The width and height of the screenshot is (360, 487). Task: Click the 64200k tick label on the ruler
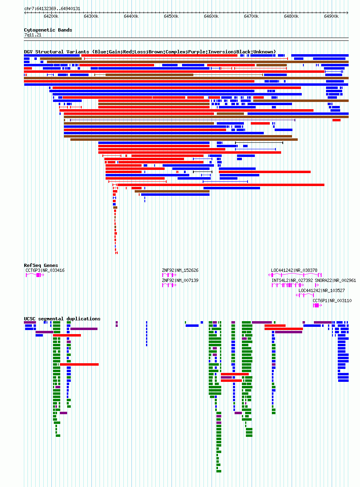(51, 17)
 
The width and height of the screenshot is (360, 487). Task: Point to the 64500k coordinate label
(171, 17)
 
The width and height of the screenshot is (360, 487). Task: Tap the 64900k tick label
(331, 17)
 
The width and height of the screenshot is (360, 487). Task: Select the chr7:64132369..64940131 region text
(52, 8)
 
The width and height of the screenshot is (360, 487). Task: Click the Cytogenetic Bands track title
(48, 30)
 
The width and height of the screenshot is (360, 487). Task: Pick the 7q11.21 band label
(33, 35)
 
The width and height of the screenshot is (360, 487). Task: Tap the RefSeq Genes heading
(41, 265)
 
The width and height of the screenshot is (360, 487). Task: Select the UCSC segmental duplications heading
(62, 319)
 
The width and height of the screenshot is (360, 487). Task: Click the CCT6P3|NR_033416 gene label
(45, 270)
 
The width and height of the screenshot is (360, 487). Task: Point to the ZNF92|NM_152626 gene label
(180, 270)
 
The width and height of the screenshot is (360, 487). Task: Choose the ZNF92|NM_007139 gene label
(180, 280)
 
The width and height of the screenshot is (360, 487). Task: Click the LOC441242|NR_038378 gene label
(294, 270)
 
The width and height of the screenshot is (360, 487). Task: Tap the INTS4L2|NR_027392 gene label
(292, 280)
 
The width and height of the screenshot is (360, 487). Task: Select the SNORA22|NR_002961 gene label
(335, 280)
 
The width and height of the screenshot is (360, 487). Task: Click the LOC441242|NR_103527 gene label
(322, 290)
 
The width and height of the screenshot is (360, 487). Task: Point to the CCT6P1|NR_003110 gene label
(332, 301)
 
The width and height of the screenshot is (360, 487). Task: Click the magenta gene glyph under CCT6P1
(318, 305)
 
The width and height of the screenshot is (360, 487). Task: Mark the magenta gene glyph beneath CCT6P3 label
(35, 275)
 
